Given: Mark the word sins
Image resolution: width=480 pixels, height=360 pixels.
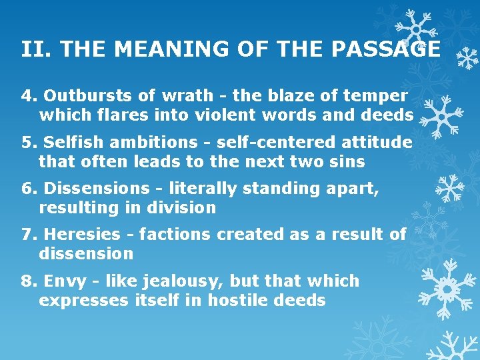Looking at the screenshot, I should (x=349, y=162).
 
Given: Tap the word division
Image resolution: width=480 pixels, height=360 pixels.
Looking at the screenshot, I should (x=184, y=208).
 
